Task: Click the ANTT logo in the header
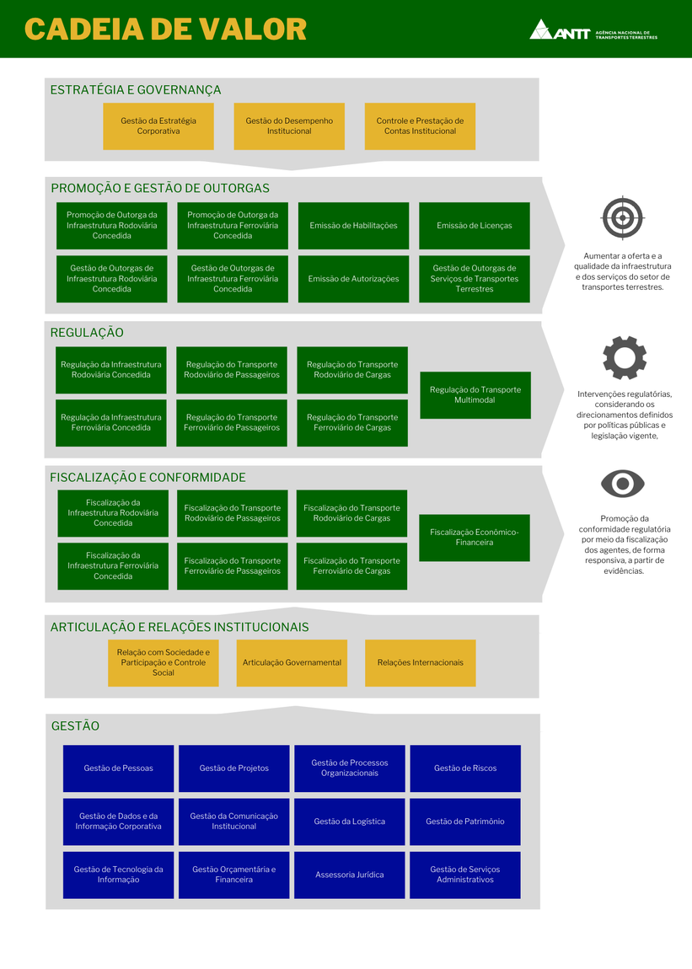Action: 593,30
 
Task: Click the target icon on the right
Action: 623,217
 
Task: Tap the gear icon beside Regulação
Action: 624,357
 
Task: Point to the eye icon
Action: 623,484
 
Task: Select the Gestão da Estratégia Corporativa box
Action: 158,126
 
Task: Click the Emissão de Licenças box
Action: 475,226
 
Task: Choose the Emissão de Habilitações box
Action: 353,226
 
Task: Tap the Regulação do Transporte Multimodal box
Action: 475,395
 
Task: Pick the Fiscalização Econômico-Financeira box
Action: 475,538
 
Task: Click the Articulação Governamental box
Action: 292,663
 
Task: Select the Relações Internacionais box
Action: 420,663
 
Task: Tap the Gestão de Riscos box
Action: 465,768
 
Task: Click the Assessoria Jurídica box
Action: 350,875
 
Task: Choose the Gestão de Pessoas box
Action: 119,768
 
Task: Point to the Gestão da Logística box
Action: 350,822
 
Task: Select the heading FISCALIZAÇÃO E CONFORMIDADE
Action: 148,478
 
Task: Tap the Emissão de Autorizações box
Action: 353,279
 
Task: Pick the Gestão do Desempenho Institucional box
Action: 289,126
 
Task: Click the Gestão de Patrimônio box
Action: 465,822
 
